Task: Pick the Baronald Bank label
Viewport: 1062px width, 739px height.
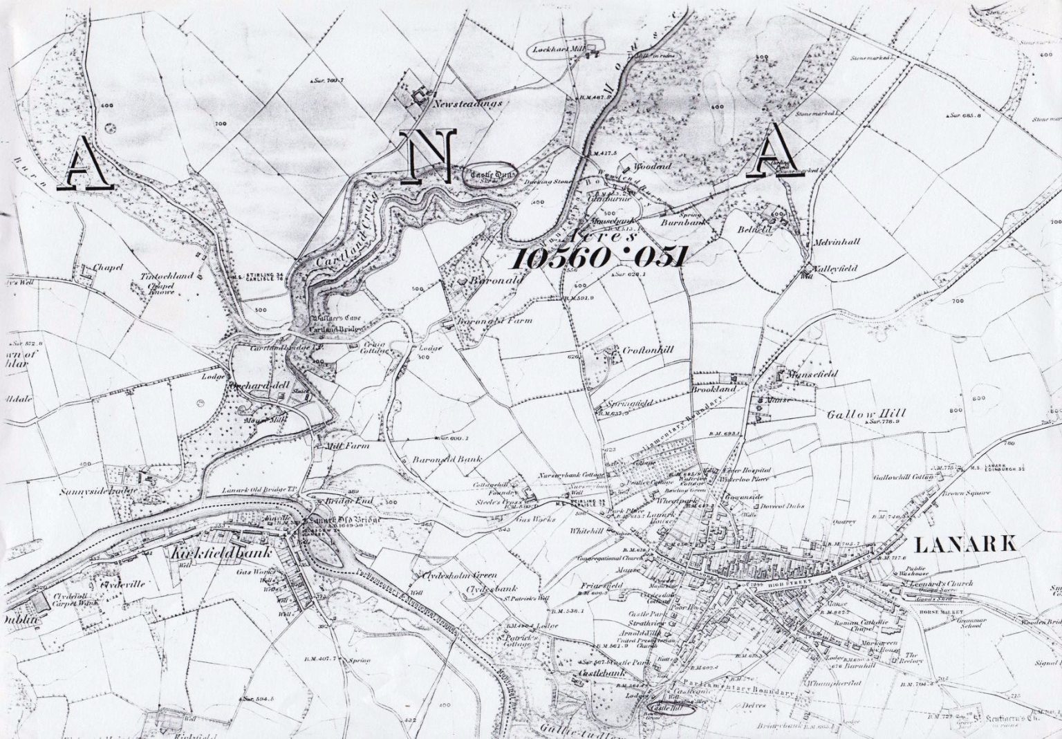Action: point(446,460)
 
